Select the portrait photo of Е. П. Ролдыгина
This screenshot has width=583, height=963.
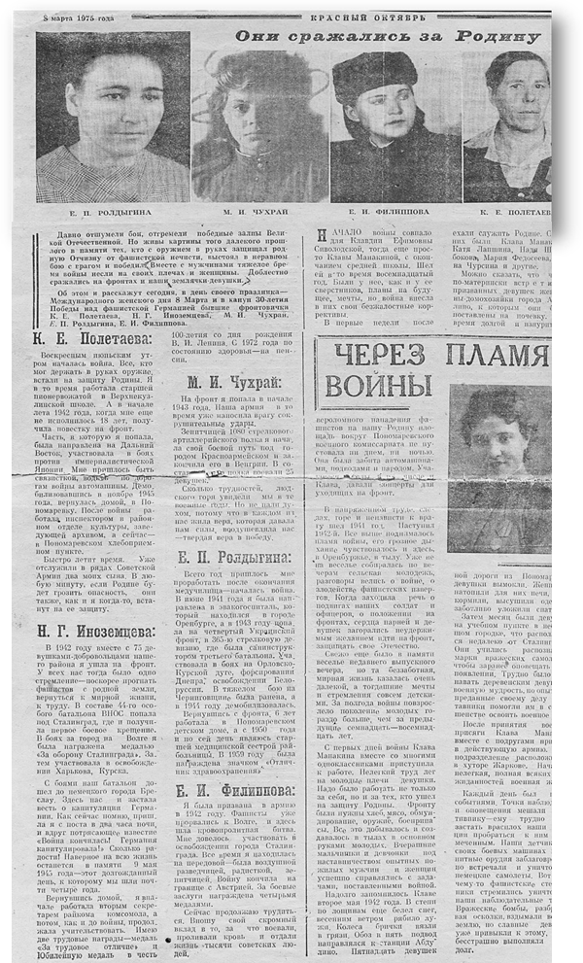pyautogui.click(x=114, y=117)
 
